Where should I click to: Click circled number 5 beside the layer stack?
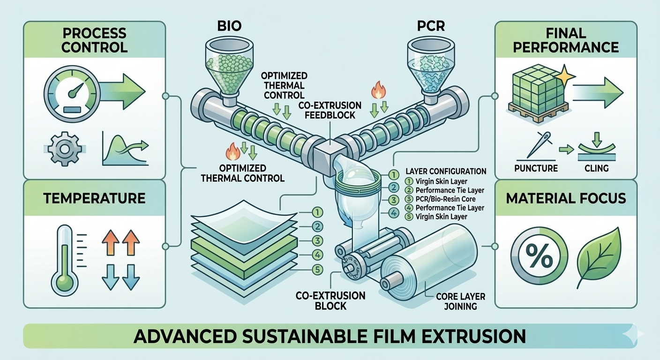318,270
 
